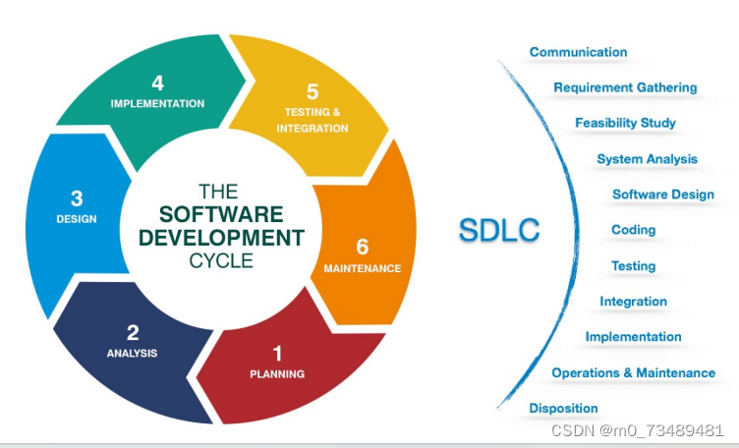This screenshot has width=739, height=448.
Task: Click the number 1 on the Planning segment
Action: point(277,353)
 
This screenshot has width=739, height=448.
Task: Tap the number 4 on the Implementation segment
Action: point(157,84)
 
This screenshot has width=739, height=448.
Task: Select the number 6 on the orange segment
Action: point(362,247)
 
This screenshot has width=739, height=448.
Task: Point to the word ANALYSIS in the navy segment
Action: point(132,353)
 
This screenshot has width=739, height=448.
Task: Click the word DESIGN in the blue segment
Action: point(77,219)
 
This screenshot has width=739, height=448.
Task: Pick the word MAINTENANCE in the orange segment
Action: point(362,268)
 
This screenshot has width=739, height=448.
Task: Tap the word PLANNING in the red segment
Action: point(277,373)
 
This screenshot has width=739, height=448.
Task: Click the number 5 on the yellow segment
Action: point(313,91)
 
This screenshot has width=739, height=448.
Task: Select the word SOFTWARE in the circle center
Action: point(221,214)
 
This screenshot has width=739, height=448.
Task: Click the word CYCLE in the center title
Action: point(221,260)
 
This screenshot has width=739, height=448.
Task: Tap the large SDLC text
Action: point(499,231)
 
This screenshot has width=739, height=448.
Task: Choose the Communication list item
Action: point(578,52)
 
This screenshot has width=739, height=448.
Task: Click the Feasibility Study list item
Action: point(625,123)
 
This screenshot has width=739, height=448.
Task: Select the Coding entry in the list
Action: point(633,230)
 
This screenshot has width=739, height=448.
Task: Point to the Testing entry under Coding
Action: point(633,265)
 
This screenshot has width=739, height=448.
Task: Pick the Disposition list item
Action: point(563,408)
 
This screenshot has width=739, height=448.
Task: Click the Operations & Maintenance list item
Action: point(633,372)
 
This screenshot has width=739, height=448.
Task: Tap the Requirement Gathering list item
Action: point(625,87)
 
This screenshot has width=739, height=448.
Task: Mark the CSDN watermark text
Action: point(638,431)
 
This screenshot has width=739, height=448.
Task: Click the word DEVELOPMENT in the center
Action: point(221,238)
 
